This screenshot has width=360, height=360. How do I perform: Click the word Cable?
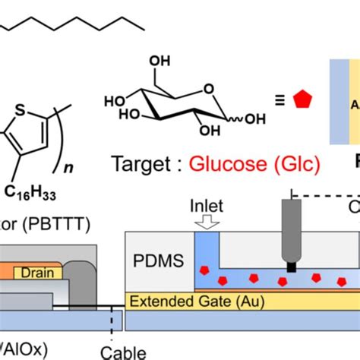pos(122,352)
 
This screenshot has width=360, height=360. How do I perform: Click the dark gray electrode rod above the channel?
pos(292,232)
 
